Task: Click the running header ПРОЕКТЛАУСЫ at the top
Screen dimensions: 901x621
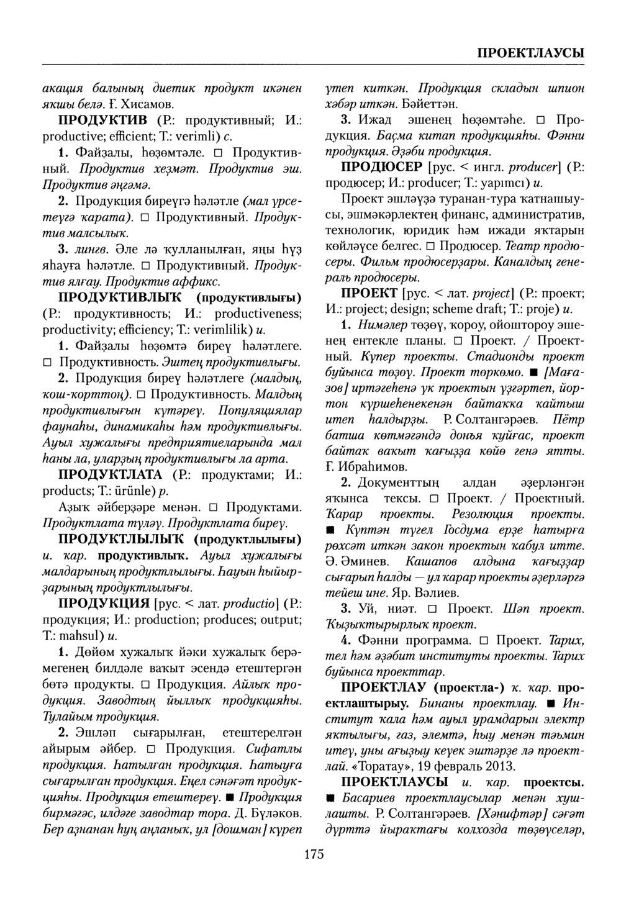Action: point(530,51)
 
